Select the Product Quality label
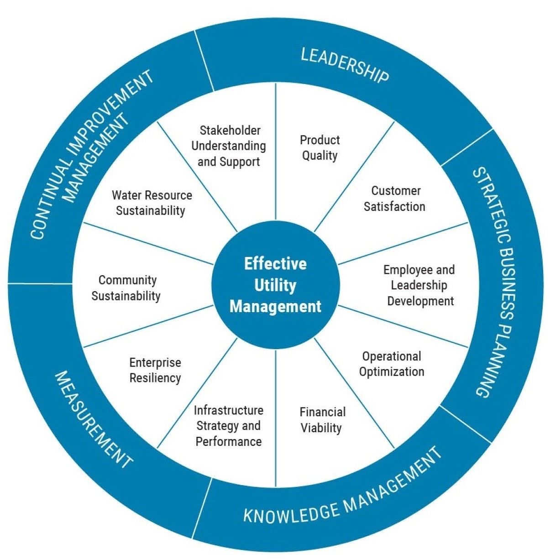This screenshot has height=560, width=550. pos(320,147)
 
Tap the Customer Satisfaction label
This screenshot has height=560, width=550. pos(394,199)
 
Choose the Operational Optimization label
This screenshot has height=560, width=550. pos(392,364)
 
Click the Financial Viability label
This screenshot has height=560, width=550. pos(322,420)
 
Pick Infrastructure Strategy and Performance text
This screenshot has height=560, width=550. pos(228,426)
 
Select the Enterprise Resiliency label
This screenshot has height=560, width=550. pos(155,370)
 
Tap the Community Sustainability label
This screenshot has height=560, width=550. pos(126,288)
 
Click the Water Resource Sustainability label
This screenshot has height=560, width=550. pos(152,203)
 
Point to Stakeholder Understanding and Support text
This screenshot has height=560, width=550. pos(229,146)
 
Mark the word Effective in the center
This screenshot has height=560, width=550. pos(275,264)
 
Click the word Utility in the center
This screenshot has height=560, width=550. pos(275,285)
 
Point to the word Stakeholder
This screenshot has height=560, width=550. pos(230,131)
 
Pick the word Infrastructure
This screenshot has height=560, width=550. pos(228,410)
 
